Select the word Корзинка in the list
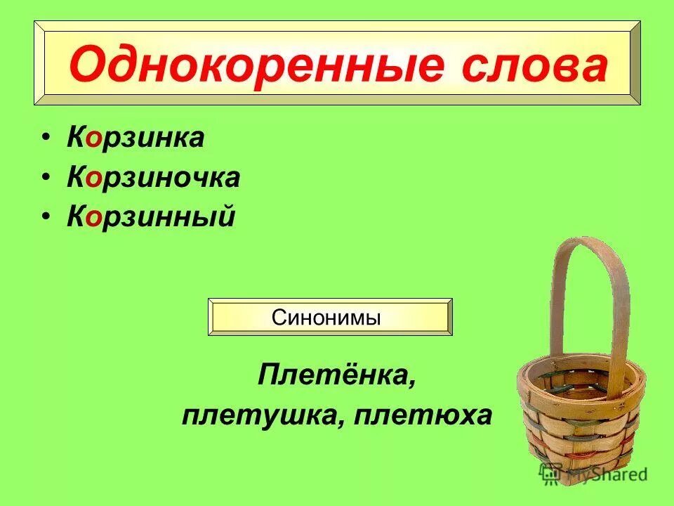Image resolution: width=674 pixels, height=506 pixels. click(136, 138)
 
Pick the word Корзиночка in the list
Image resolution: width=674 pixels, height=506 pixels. click(154, 178)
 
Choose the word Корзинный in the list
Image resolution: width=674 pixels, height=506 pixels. click(150, 218)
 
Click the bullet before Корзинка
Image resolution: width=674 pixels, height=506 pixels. click(46, 138)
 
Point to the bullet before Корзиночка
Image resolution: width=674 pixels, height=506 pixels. click(46, 179)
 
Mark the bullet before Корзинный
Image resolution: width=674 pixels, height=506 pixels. click(46, 219)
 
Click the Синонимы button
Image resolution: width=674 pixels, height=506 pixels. click(331, 317)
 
